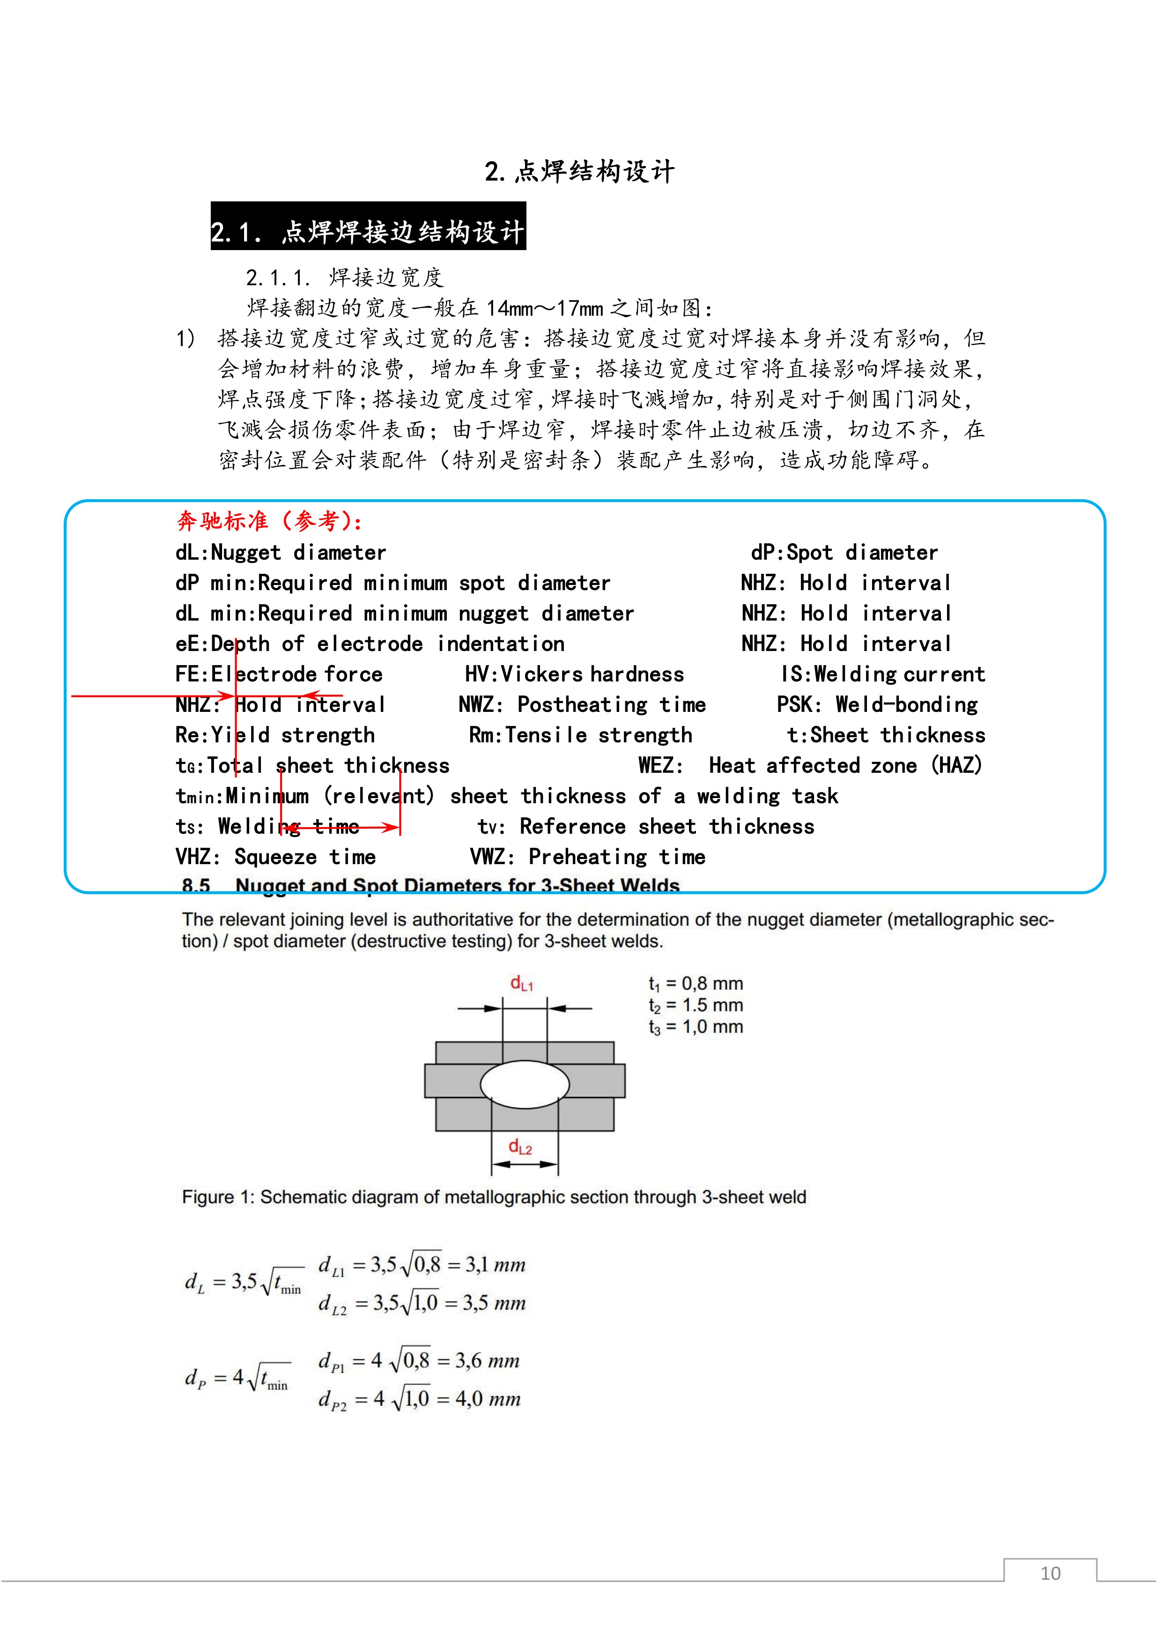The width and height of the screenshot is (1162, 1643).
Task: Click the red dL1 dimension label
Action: [x=522, y=983]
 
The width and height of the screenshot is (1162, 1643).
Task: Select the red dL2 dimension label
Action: [x=520, y=1147]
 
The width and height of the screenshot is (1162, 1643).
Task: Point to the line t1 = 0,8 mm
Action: [x=696, y=983]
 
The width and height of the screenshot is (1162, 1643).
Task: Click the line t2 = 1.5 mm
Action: [x=696, y=1005]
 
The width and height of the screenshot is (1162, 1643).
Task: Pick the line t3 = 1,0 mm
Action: [x=696, y=1027]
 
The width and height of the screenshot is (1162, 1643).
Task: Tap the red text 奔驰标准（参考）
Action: [x=269, y=520]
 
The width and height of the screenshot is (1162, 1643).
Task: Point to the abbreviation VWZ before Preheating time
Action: [x=488, y=857]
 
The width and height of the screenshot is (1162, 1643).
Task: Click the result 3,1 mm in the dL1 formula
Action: [x=495, y=1265]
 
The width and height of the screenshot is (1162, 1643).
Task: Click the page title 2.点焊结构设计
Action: [x=579, y=172]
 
